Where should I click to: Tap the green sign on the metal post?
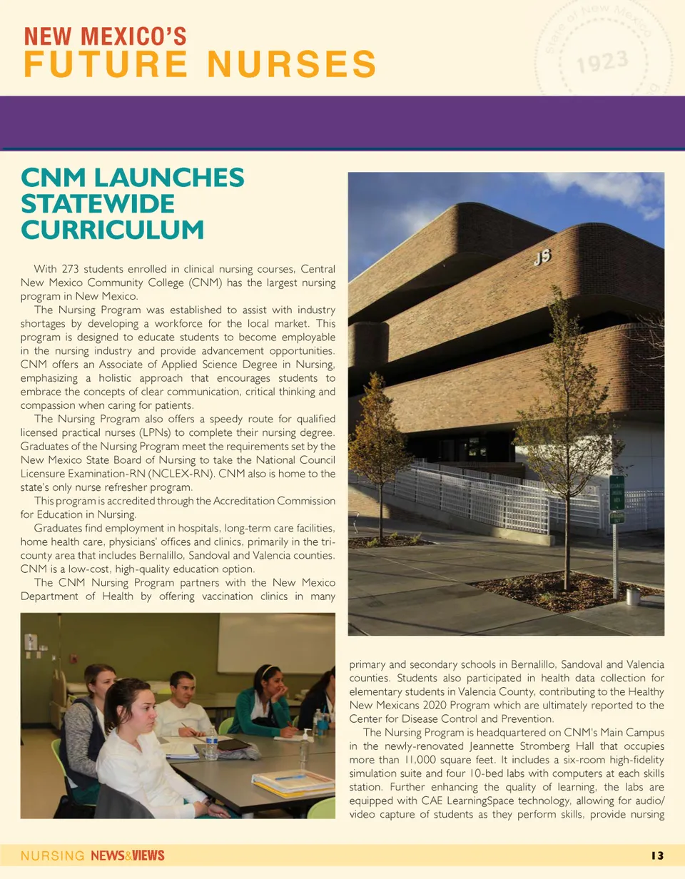[617, 492]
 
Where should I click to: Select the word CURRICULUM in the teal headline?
[113, 230]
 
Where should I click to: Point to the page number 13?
[657, 856]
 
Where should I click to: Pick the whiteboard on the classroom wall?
[275, 644]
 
